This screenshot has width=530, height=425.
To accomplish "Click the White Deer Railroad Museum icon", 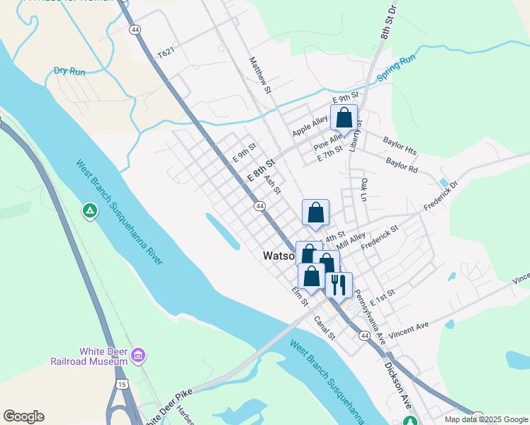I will pos(138,354).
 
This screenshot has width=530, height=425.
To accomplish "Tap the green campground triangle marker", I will pos(90,210).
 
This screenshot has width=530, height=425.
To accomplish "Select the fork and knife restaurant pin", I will pos(339,285).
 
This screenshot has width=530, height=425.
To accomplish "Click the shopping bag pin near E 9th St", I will pos(344,117).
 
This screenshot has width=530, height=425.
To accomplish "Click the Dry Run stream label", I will pos(69,71).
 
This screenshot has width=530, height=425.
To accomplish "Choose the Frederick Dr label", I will pos(441,198).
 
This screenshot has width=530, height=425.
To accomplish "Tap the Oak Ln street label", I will pos(363,189).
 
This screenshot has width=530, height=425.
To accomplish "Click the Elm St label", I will pos(300,296).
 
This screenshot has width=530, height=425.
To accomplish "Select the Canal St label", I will pos(325,327).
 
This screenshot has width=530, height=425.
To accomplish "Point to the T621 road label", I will pos(165,52).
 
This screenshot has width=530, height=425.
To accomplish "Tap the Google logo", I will pos(23,416).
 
